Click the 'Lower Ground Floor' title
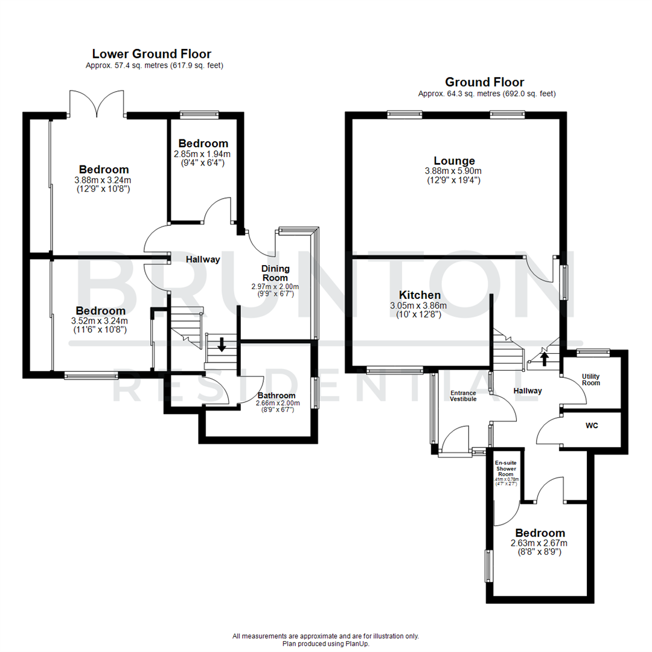coord(151,54)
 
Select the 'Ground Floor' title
coord(484,81)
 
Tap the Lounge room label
coord(454,161)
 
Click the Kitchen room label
coord(419,295)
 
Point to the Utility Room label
coord(591,379)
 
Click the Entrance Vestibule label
coord(463,395)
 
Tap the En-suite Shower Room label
coord(506,468)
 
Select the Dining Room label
coord(275,273)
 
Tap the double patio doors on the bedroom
coord(97,103)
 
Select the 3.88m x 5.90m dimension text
coord(454,171)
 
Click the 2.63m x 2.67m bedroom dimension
coord(540,543)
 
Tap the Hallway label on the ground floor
coord(527,391)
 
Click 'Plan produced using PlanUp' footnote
coord(325,644)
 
